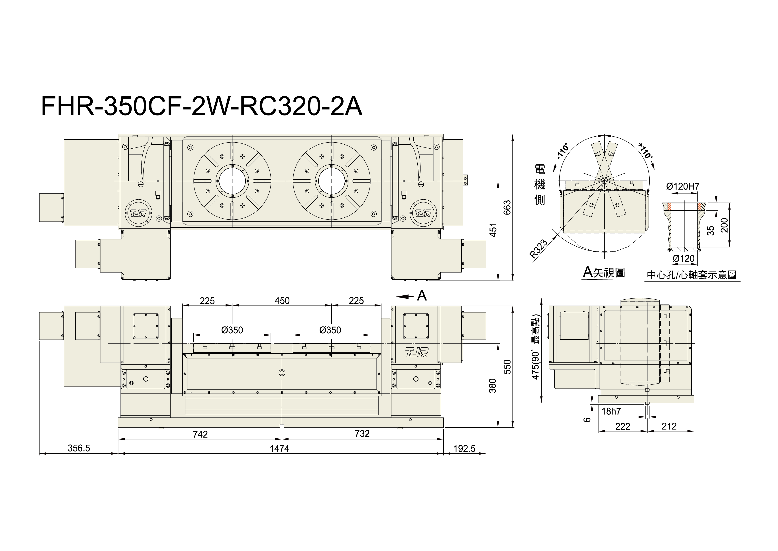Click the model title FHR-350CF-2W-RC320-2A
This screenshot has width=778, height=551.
click(202, 106)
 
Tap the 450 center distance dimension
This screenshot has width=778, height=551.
click(282, 301)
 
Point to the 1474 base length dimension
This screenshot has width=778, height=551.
click(279, 449)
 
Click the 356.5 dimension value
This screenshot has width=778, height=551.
click(79, 448)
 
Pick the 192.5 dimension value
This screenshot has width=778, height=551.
click(465, 449)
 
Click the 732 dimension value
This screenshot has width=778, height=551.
click(362, 434)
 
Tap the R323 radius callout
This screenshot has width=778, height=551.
click(538, 249)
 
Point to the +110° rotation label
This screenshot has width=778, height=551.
click(645, 150)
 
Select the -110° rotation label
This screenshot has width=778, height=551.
click(562, 152)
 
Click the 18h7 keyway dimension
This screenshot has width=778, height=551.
click(611, 412)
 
